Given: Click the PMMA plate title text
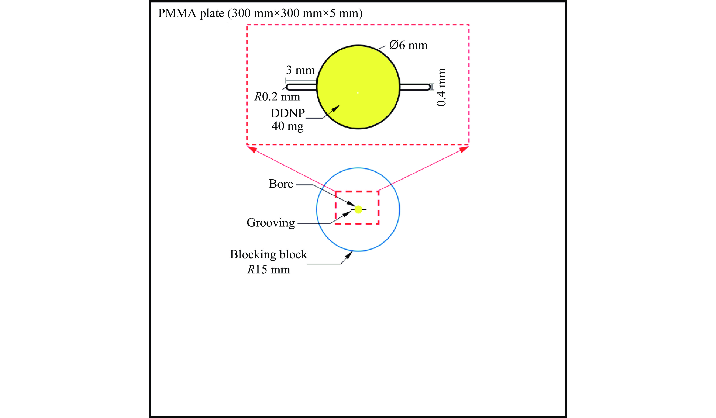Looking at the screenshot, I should click(x=260, y=13).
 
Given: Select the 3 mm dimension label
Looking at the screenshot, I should click(x=300, y=70).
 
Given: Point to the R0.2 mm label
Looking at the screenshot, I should click(x=277, y=97).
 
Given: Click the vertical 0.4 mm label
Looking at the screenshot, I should click(x=441, y=87).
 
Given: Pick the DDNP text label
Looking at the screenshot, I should click(x=288, y=113).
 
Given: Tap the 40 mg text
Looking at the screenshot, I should click(x=288, y=126).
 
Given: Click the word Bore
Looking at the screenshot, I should click(x=281, y=184).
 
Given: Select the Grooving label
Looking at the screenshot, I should click(x=270, y=223).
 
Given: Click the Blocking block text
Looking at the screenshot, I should click(x=269, y=255).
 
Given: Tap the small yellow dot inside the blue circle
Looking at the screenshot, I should click(x=359, y=210).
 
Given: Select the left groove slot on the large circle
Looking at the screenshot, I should click(x=301, y=87).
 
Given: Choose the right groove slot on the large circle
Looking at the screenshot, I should click(x=415, y=87).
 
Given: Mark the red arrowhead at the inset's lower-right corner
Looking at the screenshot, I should click(x=464, y=149).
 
